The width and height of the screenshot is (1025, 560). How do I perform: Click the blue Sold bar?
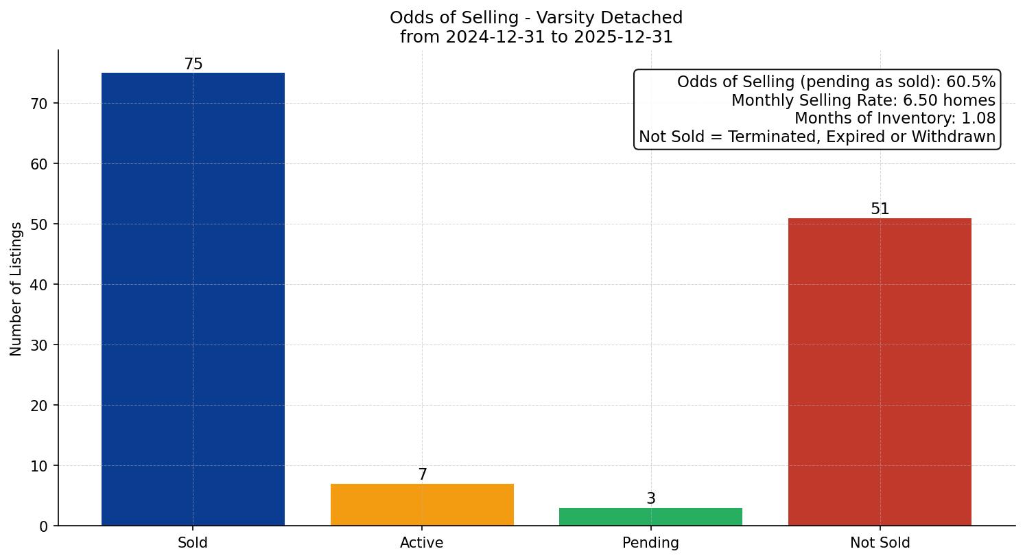point(193,299)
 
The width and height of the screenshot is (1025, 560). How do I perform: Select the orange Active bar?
point(422,504)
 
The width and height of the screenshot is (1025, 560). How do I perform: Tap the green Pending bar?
point(650,517)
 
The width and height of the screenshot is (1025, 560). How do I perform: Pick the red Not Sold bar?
point(880,371)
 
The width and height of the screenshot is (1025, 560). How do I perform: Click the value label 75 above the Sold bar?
point(193,65)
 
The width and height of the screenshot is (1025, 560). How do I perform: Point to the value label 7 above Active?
point(423,475)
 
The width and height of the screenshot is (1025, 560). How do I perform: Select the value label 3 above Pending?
point(651,499)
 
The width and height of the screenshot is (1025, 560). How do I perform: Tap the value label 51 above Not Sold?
point(880,209)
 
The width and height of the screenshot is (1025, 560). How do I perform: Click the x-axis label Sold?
point(193,543)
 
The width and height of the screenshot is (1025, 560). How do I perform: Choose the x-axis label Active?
point(422,543)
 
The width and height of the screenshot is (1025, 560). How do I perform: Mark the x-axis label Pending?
point(650,543)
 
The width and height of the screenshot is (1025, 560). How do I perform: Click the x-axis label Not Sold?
point(880,543)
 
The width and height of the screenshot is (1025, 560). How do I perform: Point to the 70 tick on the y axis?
point(40,104)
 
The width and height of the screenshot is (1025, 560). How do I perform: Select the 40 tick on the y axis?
point(40,285)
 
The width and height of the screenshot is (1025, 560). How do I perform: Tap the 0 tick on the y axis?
point(44,526)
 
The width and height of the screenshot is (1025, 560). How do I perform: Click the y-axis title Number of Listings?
point(16,288)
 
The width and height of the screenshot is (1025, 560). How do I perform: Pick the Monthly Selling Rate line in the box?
point(863,100)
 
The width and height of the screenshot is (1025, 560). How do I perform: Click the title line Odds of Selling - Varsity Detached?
point(536,18)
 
